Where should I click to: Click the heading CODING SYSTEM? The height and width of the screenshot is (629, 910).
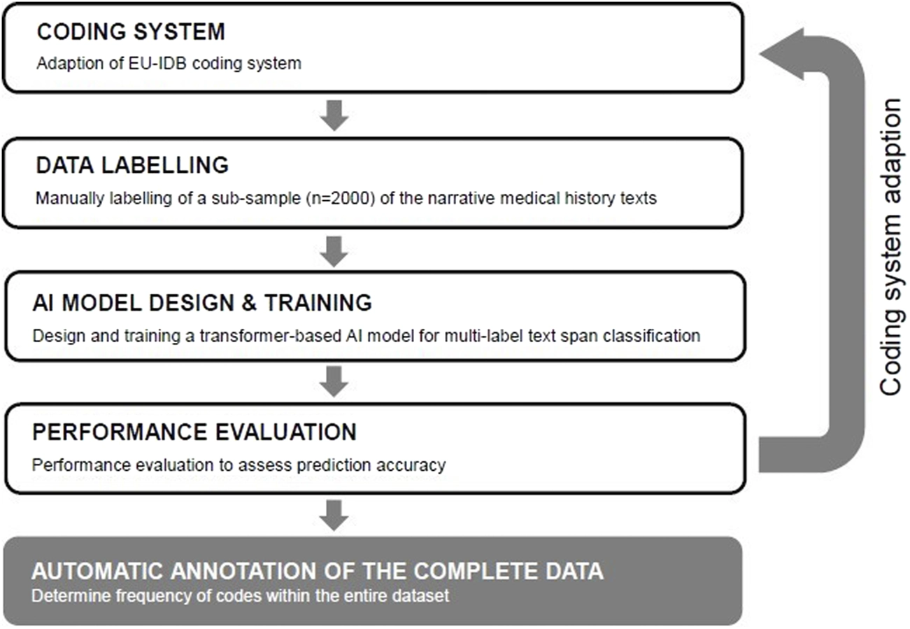click(131, 31)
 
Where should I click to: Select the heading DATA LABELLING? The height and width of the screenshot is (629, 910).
click(132, 165)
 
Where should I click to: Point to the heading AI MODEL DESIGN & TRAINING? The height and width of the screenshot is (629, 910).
click(202, 303)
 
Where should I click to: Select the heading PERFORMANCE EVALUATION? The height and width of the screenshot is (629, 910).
click(194, 432)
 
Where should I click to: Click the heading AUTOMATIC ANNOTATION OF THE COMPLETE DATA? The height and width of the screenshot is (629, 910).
click(318, 572)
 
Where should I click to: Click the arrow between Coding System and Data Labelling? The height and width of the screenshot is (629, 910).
click(334, 115)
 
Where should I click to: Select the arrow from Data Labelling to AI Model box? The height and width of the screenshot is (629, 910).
click(334, 251)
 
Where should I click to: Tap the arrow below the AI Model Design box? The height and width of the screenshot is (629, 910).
click(334, 381)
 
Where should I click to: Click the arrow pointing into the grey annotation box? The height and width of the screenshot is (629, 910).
click(334, 516)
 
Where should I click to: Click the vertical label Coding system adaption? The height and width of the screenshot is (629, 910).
click(891, 247)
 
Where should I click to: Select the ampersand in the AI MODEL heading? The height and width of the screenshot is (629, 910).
click(248, 303)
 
